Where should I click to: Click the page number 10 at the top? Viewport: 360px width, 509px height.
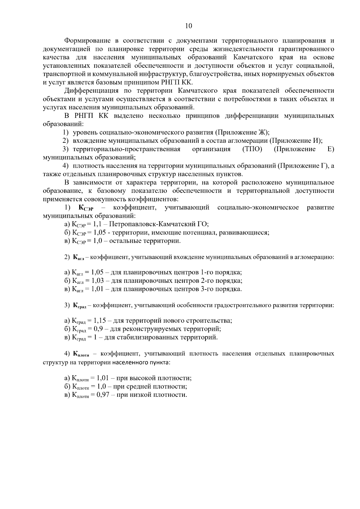[189, 26]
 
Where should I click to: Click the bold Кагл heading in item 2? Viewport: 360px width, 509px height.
[80, 257]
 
